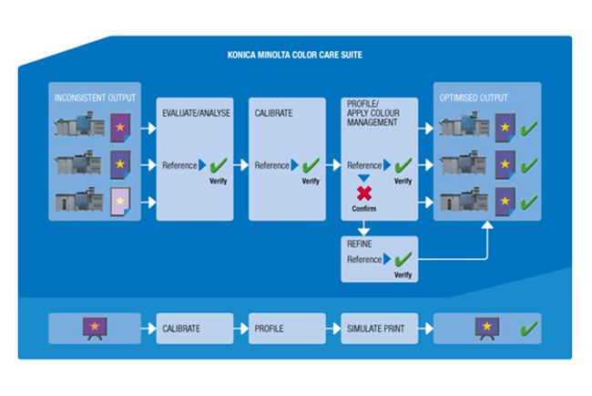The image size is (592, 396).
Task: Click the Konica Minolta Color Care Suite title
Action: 295,55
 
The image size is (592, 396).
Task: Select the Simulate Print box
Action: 379,328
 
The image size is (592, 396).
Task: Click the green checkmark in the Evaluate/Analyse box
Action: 218,165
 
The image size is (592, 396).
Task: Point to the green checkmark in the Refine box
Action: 402,258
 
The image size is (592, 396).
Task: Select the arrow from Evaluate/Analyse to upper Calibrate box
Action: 240,165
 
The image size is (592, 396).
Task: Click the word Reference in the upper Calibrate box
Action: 272,165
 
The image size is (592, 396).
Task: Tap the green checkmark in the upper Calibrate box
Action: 311,165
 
